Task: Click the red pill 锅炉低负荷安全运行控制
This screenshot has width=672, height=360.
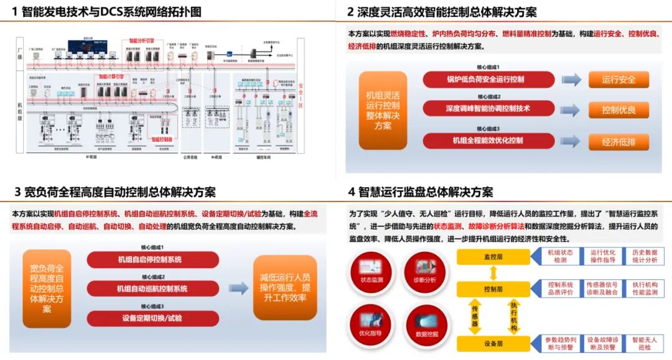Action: point(488,80)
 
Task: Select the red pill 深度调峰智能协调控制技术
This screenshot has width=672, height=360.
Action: point(488,109)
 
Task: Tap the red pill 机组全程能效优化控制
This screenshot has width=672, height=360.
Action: point(488,141)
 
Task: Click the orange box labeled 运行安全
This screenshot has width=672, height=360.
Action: point(618,80)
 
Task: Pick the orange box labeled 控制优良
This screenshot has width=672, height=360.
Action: point(618,110)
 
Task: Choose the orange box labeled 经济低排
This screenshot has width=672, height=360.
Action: point(618,142)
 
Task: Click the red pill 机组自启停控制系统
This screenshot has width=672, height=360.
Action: point(152,259)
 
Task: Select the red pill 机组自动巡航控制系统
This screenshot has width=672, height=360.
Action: point(152,288)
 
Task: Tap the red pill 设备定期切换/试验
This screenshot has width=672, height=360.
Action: point(152,318)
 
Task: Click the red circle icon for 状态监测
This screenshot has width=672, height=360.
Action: point(373,273)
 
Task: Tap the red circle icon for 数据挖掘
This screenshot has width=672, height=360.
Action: point(426,325)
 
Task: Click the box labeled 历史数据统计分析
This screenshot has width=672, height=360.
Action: point(644,256)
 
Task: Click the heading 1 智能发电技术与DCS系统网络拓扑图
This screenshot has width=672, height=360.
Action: point(106,12)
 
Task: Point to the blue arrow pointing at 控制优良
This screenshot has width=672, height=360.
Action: point(571,110)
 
